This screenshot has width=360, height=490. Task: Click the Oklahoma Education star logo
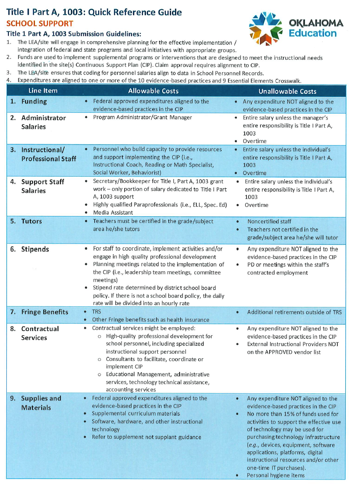pos(266,28)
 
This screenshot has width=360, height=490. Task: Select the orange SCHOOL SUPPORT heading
pos(40,23)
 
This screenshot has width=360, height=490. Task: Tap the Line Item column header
pos(43,91)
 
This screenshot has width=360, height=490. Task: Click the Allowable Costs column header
pos(153,91)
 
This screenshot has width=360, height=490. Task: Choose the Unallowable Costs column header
pos(287,91)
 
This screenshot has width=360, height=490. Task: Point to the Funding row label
pos(34,101)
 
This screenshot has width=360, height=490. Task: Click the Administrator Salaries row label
pos(43,122)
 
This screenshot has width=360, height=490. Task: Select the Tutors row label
pos(32,221)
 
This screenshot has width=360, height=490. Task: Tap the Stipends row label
pos(35,249)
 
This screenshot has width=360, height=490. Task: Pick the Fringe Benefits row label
pos(45,312)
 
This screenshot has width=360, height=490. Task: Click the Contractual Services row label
pos(40,333)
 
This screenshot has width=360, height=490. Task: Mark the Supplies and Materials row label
pos(41,403)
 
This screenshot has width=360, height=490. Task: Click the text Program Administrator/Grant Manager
pos(142,118)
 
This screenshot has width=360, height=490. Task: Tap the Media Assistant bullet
pos(113,212)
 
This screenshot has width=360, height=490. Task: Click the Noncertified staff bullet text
pos(269,221)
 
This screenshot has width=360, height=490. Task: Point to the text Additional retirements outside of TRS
pos(294,312)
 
